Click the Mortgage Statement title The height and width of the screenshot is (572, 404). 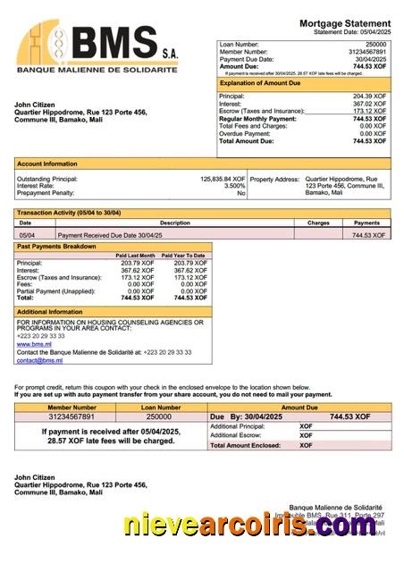pyautogui.click(x=344, y=22)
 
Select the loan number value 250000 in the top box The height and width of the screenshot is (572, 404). pyautogui.click(x=376, y=44)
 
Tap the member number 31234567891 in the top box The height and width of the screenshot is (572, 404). pyautogui.click(x=366, y=52)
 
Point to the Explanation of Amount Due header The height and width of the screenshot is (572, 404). pyautogui.click(x=268, y=83)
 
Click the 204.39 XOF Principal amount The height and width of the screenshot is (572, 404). pyautogui.click(x=370, y=96)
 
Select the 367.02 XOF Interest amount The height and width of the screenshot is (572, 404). pyautogui.click(x=370, y=104)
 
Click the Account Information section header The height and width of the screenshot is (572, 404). pyautogui.click(x=47, y=164)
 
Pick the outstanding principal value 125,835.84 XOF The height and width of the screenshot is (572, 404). pyautogui.click(x=222, y=179)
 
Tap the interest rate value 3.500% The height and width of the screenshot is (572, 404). pyautogui.click(x=234, y=186)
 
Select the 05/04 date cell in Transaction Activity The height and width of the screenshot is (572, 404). pyautogui.click(x=27, y=235)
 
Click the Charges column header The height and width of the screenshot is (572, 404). pyautogui.click(x=318, y=223)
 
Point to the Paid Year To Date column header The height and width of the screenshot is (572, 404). pyautogui.click(x=185, y=256)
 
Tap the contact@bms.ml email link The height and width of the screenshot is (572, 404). pyautogui.click(x=39, y=360)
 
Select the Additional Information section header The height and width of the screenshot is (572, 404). pyautogui.click(x=50, y=311)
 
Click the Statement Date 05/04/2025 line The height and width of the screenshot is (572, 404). pyautogui.click(x=352, y=31)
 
